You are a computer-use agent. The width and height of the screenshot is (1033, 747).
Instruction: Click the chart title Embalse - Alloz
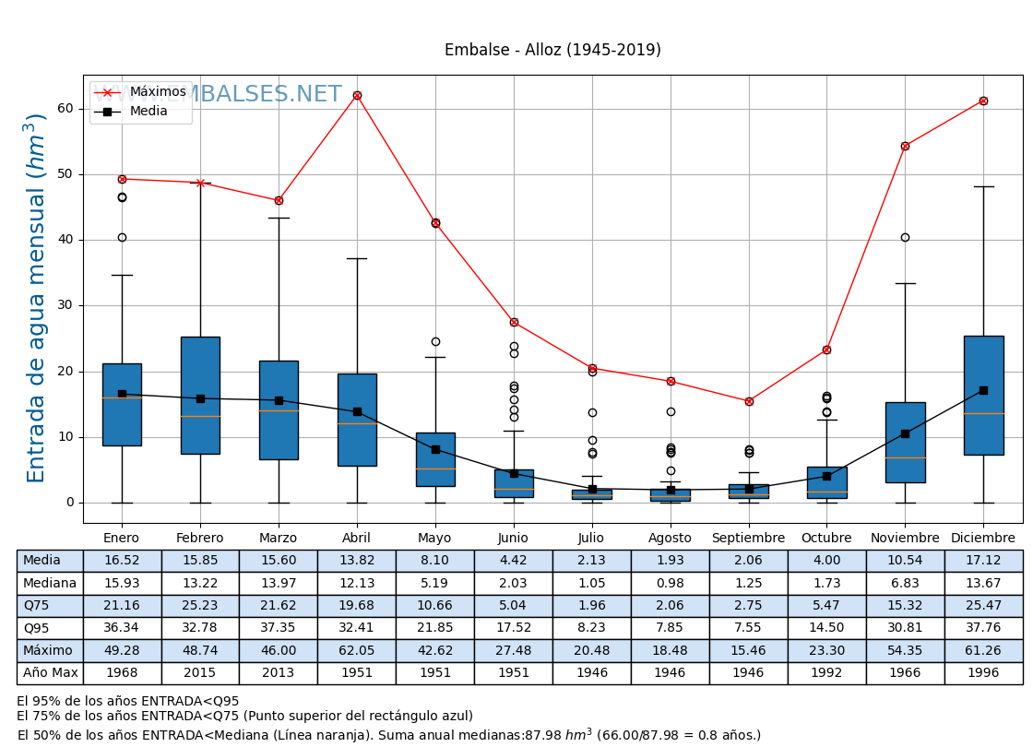pyautogui.click(x=552, y=51)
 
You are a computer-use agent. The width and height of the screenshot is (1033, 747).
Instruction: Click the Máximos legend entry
pyautogui.click(x=158, y=92)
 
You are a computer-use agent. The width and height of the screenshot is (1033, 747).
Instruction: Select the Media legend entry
pyautogui.click(x=148, y=112)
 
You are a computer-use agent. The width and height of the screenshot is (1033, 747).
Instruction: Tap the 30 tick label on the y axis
pyautogui.click(x=65, y=305)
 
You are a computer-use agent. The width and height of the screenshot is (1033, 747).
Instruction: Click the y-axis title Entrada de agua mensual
pyautogui.click(x=36, y=298)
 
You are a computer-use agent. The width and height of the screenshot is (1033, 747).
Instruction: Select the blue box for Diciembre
pyautogui.click(x=983, y=396)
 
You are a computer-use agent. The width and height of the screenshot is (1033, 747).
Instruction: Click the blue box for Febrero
pyautogui.click(x=200, y=396)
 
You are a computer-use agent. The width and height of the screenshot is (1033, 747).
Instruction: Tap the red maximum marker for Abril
pyautogui.click(x=357, y=95)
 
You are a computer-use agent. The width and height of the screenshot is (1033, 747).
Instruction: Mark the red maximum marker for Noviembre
pyautogui.click(x=905, y=146)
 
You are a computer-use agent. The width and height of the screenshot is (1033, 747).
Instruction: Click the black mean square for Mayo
pyautogui.click(x=435, y=449)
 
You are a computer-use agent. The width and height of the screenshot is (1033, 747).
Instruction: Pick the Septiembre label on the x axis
pyautogui.click(x=749, y=539)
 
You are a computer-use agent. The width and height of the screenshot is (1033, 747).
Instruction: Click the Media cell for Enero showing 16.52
pyautogui.click(x=122, y=561)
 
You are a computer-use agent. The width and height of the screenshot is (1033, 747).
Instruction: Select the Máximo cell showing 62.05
pyautogui.click(x=357, y=650)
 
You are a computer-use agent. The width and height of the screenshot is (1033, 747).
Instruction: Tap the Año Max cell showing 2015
pyautogui.click(x=200, y=673)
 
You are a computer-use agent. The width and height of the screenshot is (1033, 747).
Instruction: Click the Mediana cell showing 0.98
pyautogui.click(x=671, y=584)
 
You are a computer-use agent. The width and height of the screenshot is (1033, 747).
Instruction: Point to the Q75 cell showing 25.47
pyautogui.click(x=983, y=606)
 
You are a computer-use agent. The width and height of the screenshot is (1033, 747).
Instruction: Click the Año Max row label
pyautogui.click(x=50, y=673)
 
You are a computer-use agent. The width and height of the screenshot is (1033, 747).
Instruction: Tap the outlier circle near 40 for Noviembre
pyautogui.click(x=905, y=238)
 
